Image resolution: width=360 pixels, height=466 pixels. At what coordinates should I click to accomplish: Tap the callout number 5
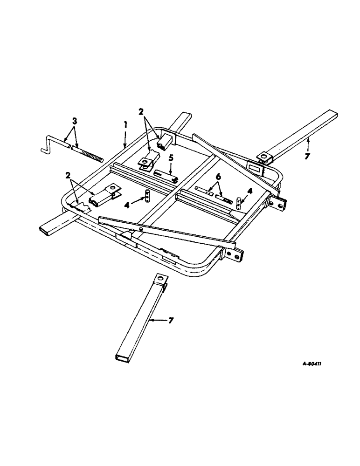point(171,158)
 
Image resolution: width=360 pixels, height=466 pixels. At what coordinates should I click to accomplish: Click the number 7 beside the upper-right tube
point(307,156)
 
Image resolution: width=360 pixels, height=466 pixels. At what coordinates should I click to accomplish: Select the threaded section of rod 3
point(89,154)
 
